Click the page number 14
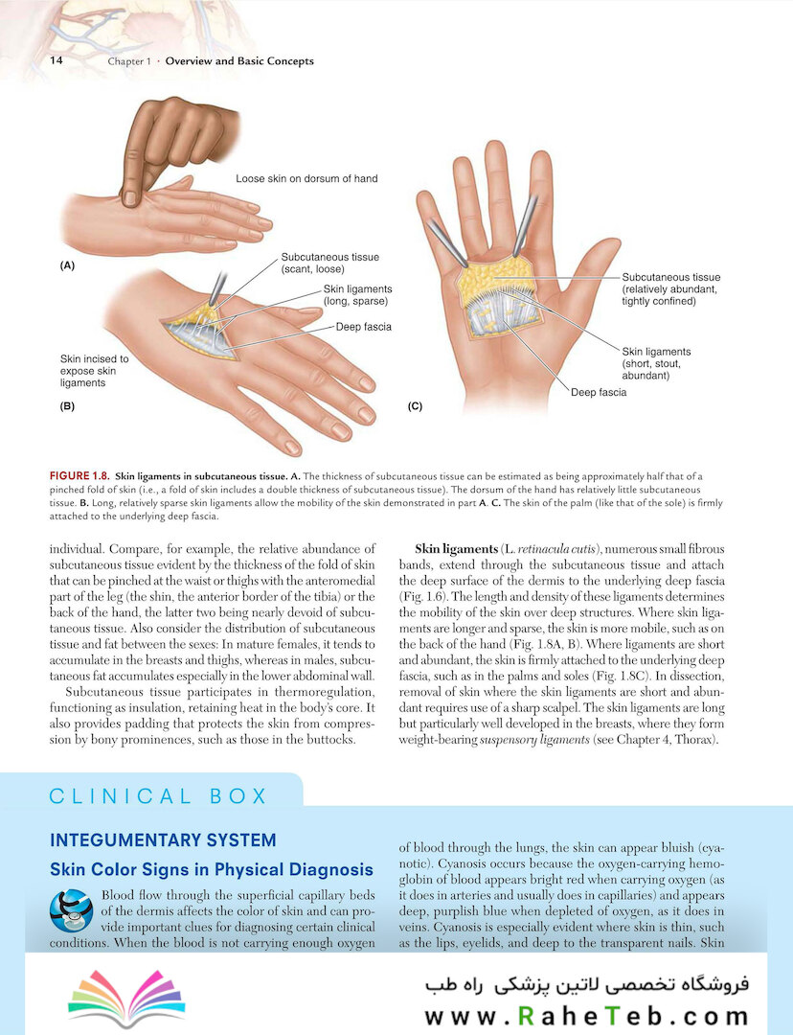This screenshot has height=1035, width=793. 57,60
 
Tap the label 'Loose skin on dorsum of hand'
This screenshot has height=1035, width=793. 306,178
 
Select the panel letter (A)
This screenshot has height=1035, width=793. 67,266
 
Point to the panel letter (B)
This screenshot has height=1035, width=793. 67,406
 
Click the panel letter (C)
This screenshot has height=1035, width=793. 415,406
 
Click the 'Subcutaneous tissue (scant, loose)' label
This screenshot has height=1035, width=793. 329,263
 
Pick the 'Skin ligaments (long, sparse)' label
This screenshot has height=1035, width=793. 357,295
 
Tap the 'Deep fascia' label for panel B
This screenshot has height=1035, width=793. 364,327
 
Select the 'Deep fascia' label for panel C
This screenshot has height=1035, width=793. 599,392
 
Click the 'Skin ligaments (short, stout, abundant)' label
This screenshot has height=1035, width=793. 656,364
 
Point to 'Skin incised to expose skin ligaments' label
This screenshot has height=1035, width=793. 95,371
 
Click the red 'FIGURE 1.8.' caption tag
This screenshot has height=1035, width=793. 79,476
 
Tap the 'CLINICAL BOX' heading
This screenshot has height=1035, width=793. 158,796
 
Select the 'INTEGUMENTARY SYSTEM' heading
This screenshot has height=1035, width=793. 163,840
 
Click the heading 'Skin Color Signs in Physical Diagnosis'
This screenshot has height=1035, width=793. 212,870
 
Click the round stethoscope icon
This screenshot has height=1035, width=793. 71,910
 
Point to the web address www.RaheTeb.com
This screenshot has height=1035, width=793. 587,1016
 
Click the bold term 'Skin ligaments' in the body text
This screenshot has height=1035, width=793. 457,549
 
